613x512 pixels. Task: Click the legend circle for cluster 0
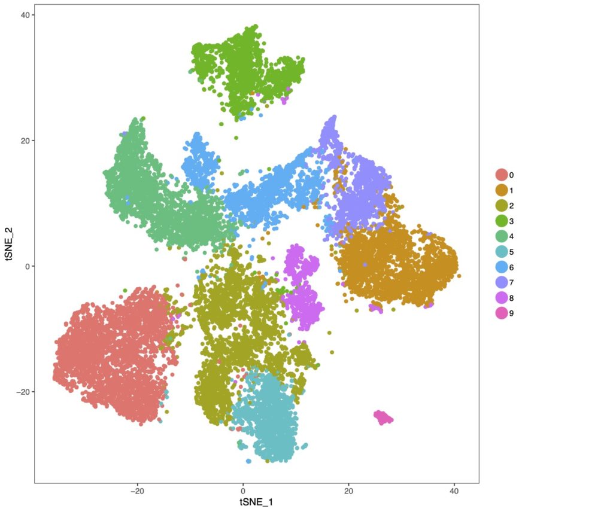click(501, 175)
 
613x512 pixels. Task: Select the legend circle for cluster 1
click(501, 190)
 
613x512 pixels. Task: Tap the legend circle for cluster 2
click(501, 206)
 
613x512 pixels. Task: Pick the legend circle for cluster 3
click(501, 221)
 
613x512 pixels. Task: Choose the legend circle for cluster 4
click(501, 236)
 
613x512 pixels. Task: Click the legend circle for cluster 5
click(501, 251)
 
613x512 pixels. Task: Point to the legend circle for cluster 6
click(501, 267)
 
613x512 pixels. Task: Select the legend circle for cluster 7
click(501, 282)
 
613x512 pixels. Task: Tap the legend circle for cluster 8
click(501, 297)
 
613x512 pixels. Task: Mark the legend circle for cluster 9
click(501, 312)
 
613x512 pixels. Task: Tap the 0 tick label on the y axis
click(28, 266)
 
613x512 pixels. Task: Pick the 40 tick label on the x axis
click(454, 490)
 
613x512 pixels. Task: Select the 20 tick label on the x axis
click(348, 490)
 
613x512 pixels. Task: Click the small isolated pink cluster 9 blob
click(383, 417)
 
